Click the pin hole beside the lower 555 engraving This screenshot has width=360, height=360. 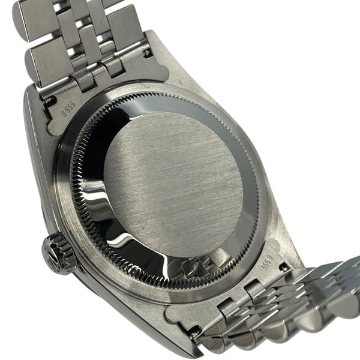click(x=281, y=268)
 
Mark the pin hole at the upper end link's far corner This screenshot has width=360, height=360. click(x=146, y=53)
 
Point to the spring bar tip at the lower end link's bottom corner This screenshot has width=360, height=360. click(x=194, y=330)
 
